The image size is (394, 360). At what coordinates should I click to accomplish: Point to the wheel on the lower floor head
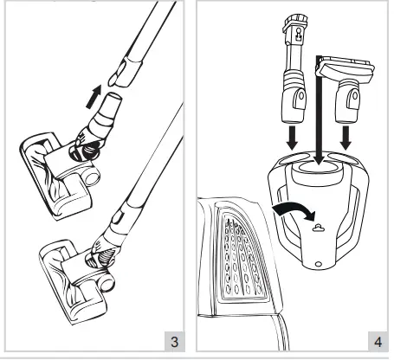(x=112, y=282)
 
